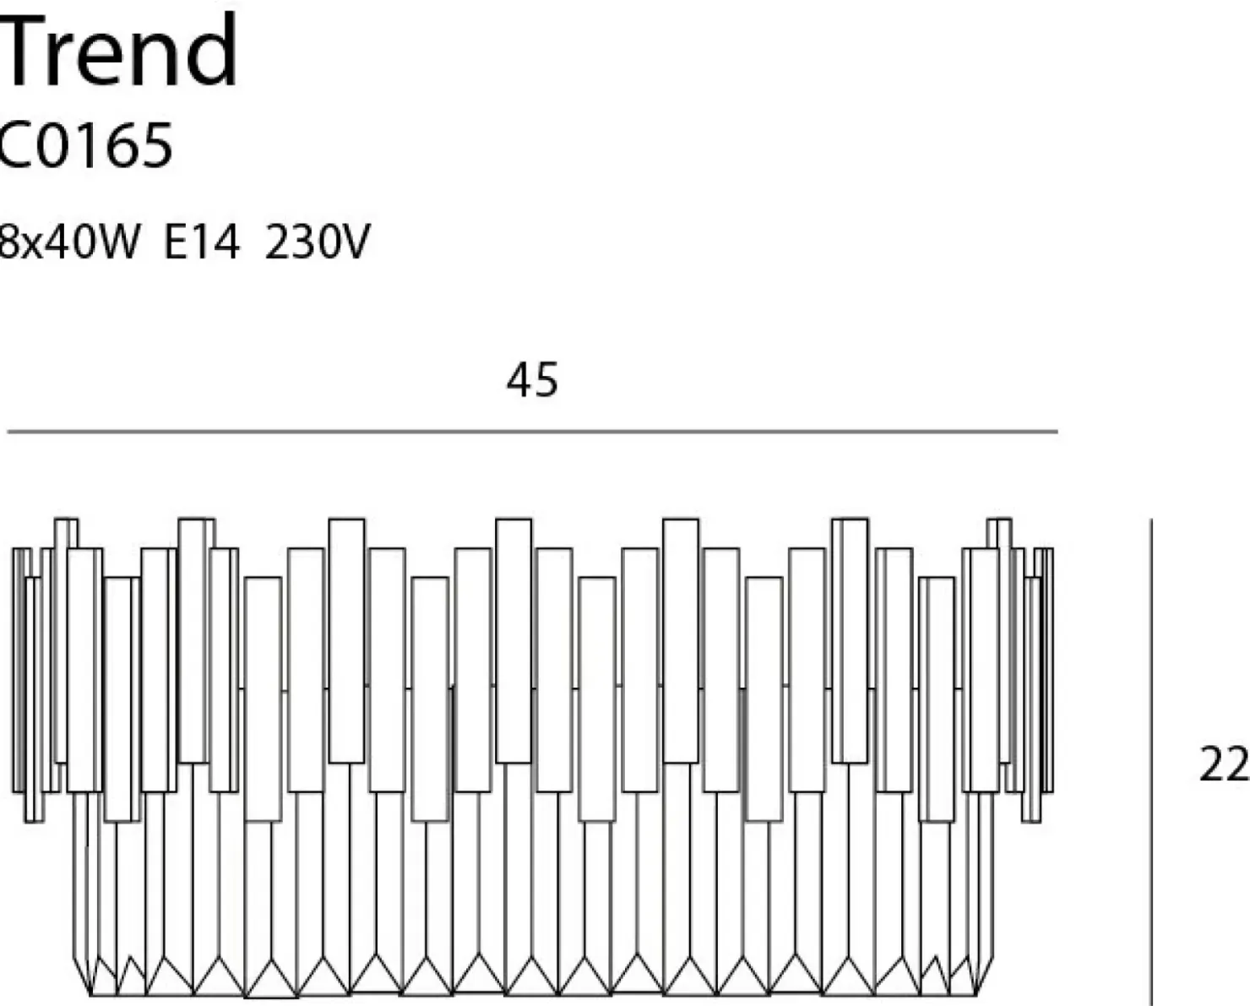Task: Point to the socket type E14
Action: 202,241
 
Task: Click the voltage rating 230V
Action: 317,241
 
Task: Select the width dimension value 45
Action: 532,380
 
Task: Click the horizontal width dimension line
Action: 532,432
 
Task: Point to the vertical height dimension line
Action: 1151,762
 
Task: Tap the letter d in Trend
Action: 211,50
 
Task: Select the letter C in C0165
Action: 14,145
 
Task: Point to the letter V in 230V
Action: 352,242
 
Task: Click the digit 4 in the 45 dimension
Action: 519,380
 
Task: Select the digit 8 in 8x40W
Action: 9,242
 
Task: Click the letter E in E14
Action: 174,242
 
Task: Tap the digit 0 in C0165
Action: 56,145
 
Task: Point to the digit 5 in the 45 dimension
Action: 546,380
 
